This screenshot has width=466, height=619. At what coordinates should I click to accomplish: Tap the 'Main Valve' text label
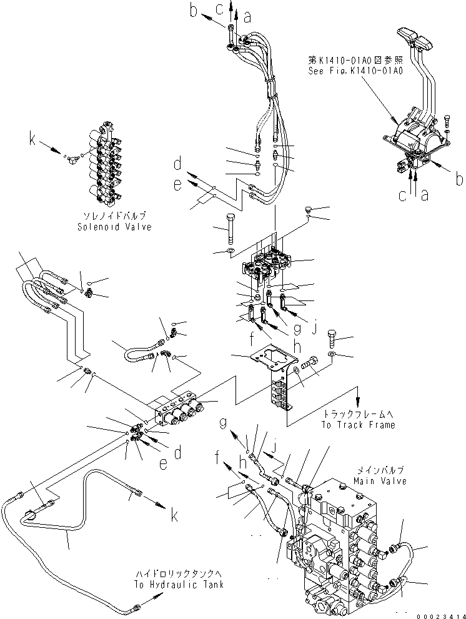[x=379, y=481]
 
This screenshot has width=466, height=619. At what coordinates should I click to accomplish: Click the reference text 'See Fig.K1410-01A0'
[x=355, y=71]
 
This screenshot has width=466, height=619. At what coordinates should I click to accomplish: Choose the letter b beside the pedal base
[x=459, y=181]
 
